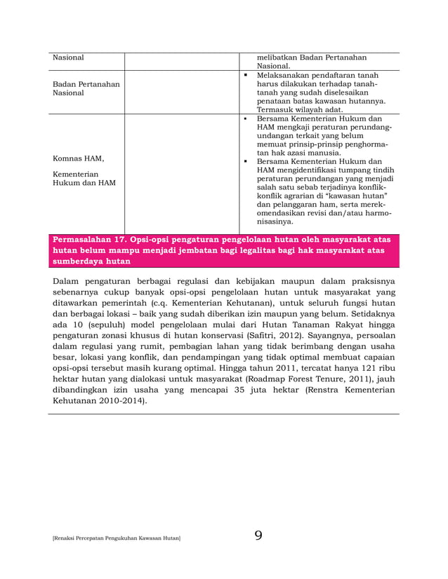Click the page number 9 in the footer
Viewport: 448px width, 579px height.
[258, 536]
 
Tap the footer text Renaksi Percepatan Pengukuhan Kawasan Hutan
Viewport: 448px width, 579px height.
[117, 538]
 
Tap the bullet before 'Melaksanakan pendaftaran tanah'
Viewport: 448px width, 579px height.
[246, 75]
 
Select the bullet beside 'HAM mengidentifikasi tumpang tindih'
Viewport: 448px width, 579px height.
[246, 161]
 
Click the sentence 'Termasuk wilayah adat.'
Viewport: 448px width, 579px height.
[300, 109]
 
